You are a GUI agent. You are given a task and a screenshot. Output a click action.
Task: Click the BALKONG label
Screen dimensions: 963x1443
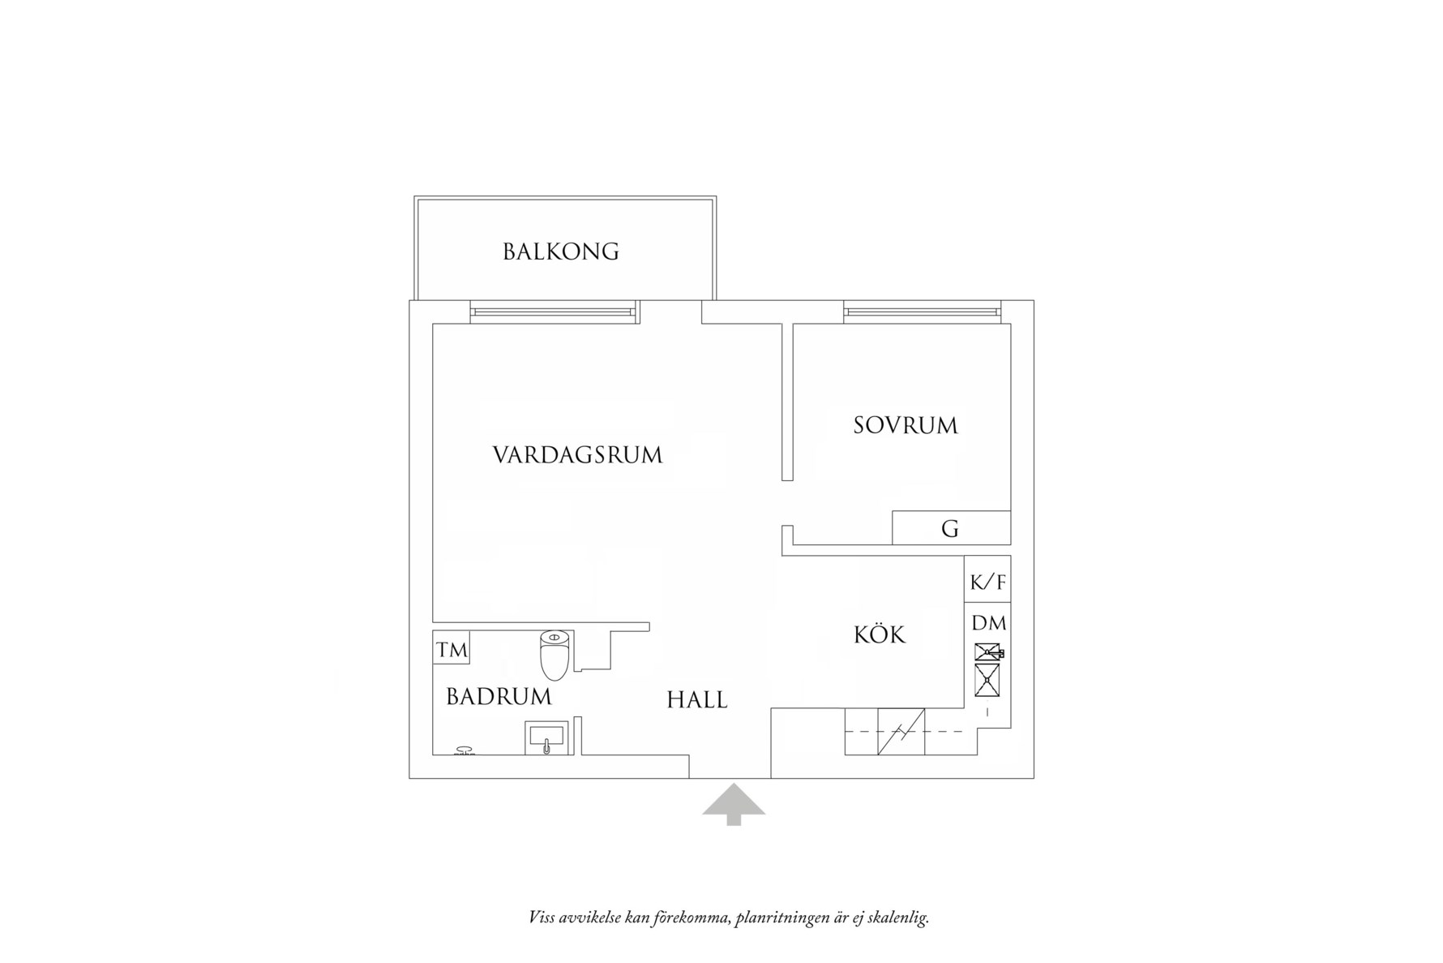click(x=561, y=251)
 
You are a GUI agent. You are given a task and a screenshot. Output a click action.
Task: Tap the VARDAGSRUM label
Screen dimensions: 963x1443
click(x=577, y=454)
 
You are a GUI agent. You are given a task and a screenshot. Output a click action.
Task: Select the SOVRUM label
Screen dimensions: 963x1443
click(x=905, y=425)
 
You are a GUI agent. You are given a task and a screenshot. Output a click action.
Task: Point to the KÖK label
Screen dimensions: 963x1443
click(x=880, y=634)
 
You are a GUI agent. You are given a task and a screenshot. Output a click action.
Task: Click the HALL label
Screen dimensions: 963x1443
click(x=697, y=699)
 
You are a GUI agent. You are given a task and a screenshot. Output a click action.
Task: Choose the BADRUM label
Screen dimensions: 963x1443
click(x=499, y=696)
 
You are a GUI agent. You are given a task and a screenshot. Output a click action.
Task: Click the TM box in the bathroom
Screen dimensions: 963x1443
click(x=452, y=649)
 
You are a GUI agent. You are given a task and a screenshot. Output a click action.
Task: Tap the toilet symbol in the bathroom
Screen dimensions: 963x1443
click(x=555, y=655)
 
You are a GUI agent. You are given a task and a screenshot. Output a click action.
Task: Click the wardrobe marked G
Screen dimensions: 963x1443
click(x=951, y=528)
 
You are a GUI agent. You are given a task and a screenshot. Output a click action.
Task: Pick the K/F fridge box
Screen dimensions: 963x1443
click(x=987, y=581)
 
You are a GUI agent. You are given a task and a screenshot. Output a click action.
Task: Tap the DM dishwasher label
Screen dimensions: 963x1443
click(x=988, y=623)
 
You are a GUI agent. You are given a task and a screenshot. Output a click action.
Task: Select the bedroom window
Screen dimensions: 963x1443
click(x=920, y=312)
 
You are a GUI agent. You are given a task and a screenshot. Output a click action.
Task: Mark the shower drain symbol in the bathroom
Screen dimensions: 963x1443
click(x=465, y=750)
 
